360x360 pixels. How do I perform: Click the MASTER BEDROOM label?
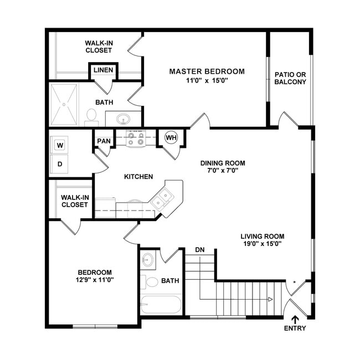207,71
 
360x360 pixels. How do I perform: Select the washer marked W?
59,146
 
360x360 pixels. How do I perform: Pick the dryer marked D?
59,164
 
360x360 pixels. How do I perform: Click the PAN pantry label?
104,141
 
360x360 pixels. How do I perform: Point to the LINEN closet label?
104,70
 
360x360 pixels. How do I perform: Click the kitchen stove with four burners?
135,138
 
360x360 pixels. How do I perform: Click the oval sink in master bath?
123,119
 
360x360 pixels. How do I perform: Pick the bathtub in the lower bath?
161,305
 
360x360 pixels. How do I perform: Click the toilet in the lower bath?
150,281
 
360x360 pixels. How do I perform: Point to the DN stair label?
200,250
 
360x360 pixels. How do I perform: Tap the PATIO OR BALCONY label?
290,78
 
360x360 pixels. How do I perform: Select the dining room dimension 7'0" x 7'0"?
222,172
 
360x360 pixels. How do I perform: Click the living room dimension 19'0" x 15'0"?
262,243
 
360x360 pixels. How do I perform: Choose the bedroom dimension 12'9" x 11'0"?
95,280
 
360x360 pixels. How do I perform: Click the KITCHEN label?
138,177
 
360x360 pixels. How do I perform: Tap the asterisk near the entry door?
294,282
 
